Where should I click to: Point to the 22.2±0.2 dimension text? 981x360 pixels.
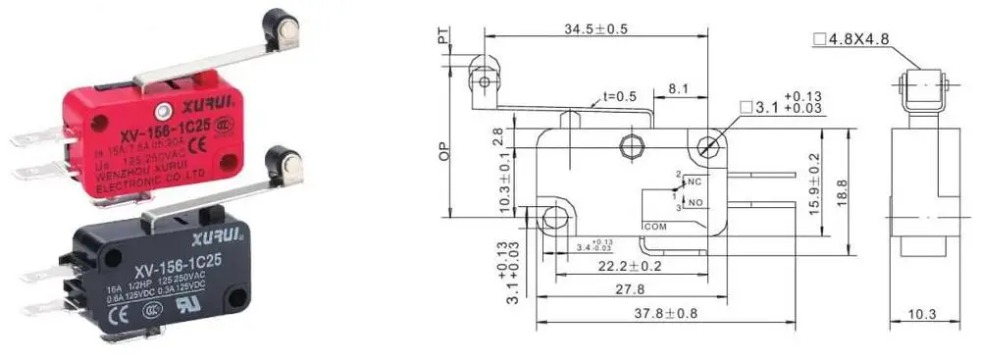[632, 266]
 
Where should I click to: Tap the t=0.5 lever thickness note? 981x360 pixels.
[619, 97]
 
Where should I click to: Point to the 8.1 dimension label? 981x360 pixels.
[677, 88]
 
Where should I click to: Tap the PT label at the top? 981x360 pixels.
[442, 37]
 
